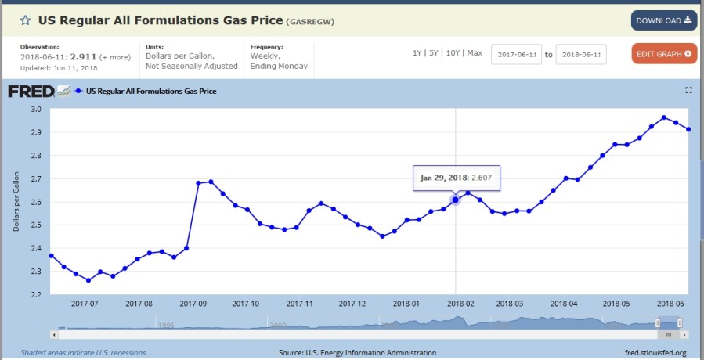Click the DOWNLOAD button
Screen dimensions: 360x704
click(664, 20)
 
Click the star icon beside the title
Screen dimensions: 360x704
click(25, 20)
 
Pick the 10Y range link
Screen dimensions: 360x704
click(453, 53)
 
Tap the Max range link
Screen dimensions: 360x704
click(475, 53)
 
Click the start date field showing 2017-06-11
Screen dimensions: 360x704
click(516, 55)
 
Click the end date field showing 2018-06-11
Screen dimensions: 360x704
click(581, 55)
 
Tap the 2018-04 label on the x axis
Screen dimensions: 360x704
click(564, 304)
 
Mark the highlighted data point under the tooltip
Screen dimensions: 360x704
click(456, 200)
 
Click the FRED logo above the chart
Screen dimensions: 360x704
click(31, 92)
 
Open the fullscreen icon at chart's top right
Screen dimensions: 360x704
click(689, 91)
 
